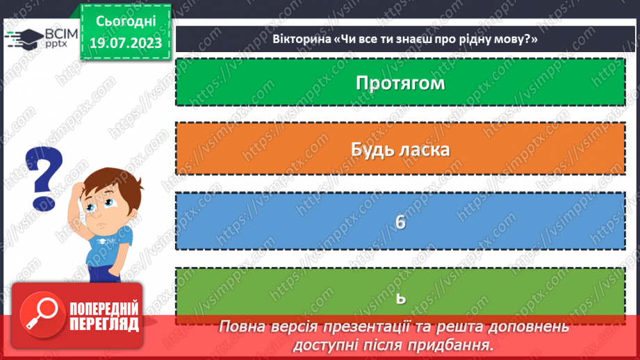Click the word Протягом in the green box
click(x=400, y=83)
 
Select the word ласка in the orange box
click(x=424, y=149)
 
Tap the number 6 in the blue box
click(x=400, y=222)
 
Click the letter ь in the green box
click(x=400, y=297)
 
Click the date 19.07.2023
click(x=125, y=44)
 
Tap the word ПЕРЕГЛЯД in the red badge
click(x=104, y=325)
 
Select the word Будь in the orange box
click(x=372, y=149)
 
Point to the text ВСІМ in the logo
click(x=56, y=33)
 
